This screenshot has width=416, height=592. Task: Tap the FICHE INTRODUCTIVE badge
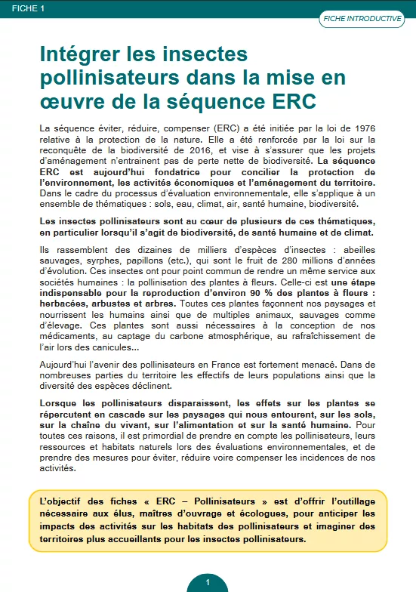click(x=361, y=19)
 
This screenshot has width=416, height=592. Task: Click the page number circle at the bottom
click(x=208, y=582)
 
